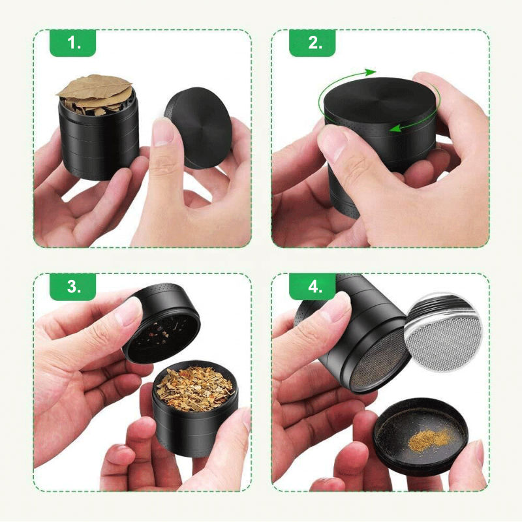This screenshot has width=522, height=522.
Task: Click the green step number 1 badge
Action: pyautogui.click(x=73, y=42)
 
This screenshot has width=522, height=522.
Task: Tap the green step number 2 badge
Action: pyautogui.click(x=313, y=42)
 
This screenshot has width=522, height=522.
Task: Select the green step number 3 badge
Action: pyautogui.click(x=73, y=286)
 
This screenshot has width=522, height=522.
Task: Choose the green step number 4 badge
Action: pyautogui.click(x=313, y=286)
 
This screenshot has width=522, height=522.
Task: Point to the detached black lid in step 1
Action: pyautogui.click(x=199, y=127)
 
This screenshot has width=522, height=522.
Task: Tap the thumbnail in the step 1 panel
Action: pyautogui.click(x=163, y=132)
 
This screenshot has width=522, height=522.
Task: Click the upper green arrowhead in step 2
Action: pyautogui.click(x=370, y=72)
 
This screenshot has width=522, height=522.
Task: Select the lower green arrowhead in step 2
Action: pyautogui.click(x=396, y=128)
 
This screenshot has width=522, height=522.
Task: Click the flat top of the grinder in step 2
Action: pyautogui.click(x=380, y=100)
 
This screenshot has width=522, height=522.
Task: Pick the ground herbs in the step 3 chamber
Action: pyautogui.click(x=194, y=388)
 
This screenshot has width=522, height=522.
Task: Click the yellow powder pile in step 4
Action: pyautogui.click(x=429, y=438)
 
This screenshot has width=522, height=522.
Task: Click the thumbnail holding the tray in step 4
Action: pyautogui.click(x=477, y=453)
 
